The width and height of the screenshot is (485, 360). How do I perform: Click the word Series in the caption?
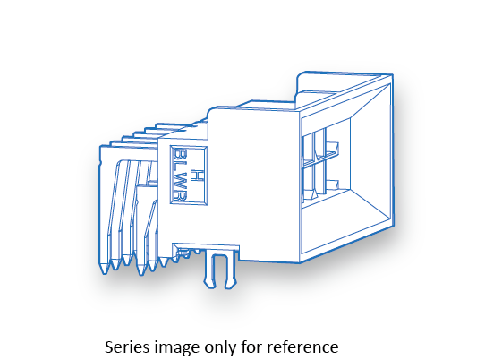[x=126, y=347]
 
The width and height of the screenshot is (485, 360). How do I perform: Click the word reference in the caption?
[x=302, y=347]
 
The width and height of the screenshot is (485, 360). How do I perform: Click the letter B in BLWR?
[x=179, y=155]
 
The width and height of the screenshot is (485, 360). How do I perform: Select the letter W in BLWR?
[x=179, y=181]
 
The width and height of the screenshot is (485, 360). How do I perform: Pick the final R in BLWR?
[x=179, y=195]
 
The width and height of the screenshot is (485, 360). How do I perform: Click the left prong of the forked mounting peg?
[x=209, y=270]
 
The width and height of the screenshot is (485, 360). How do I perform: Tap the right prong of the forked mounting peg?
[x=231, y=270]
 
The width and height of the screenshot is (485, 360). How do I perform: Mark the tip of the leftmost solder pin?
[x=104, y=274]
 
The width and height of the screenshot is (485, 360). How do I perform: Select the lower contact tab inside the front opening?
[x=332, y=184]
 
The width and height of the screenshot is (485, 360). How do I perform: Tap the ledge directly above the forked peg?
[x=206, y=246]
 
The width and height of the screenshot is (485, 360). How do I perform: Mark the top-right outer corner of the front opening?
[x=393, y=75]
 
